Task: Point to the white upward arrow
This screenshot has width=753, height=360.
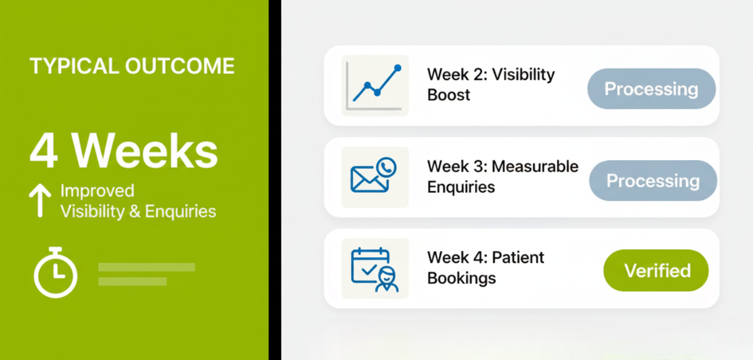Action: (40, 201)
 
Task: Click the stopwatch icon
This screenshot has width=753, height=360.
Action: (55, 272)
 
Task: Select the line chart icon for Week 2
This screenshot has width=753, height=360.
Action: (375, 86)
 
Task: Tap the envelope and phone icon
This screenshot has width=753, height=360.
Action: (373, 175)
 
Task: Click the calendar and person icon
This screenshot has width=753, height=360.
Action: (375, 269)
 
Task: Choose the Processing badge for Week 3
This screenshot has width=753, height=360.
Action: (653, 181)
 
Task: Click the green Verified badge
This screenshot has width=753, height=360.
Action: (656, 270)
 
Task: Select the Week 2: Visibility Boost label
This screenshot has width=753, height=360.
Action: (491, 84)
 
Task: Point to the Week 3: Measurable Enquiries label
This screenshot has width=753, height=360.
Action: (502, 176)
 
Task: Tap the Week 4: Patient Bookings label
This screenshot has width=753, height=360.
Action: (485, 268)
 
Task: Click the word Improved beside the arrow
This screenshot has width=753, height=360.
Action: (97, 191)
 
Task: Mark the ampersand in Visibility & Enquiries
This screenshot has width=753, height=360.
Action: (135, 211)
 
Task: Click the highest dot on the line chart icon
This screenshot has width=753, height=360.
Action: (398, 68)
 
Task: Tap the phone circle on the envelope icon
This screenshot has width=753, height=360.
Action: (387, 168)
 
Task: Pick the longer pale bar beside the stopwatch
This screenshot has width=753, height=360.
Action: (146, 267)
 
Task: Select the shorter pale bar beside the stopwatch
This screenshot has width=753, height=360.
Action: (132, 282)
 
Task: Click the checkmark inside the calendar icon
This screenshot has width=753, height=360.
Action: (369, 269)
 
